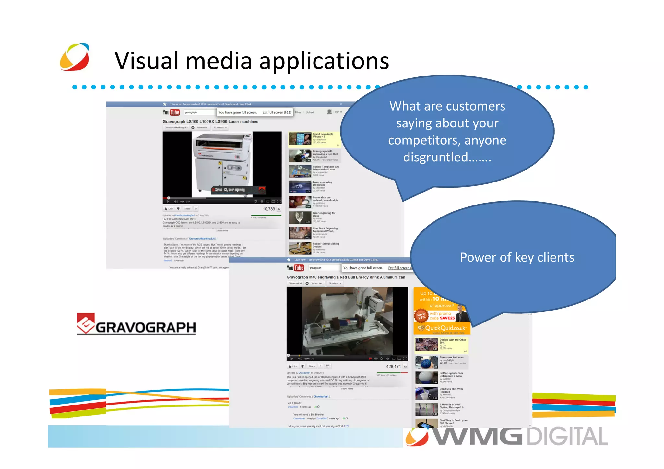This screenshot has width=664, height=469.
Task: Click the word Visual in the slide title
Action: tap(146, 61)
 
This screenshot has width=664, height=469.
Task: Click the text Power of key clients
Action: tap(517, 257)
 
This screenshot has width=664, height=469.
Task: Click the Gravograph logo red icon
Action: tap(85, 323)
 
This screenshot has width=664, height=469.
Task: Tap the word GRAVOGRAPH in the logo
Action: tap(146, 328)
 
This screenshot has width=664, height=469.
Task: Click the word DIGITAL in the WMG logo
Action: tap(566, 436)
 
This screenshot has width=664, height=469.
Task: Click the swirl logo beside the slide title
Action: tap(75, 57)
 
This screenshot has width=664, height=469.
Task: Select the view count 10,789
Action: tap(268, 209)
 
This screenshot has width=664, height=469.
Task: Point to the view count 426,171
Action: tap(393, 367)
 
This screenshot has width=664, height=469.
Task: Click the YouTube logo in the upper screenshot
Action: tap(171, 112)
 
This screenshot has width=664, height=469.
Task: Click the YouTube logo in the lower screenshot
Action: tap(295, 268)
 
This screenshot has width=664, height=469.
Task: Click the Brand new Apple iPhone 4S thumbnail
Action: tap(300, 138)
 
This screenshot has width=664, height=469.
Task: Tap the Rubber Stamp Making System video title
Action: tap(326, 245)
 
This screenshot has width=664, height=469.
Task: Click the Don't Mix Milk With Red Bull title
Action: tap(451, 390)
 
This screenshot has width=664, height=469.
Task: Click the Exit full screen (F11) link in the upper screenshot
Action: tap(277, 112)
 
